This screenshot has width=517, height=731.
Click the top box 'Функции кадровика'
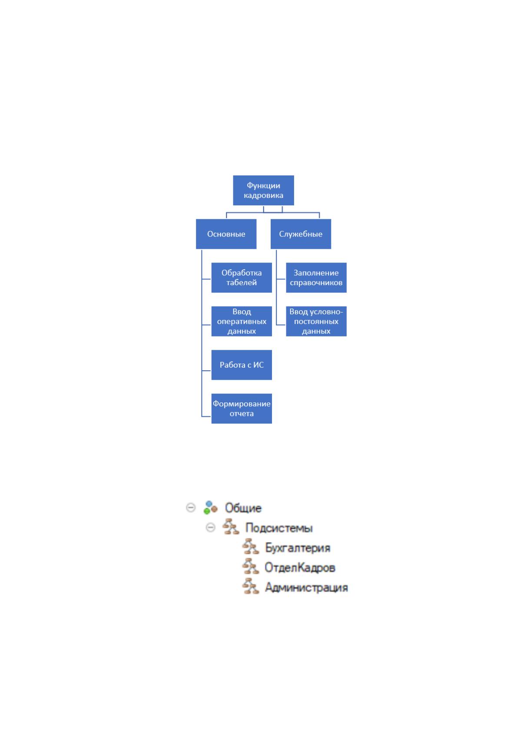pyautogui.click(x=263, y=190)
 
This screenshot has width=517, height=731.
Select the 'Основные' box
pyautogui.click(x=226, y=234)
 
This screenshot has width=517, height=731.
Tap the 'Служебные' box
pyautogui.click(x=301, y=234)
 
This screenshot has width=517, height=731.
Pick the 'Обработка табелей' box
pyautogui.click(x=242, y=278)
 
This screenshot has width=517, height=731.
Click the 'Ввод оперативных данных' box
pyautogui.click(x=242, y=321)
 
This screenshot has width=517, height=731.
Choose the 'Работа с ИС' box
pyautogui.click(x=242, y=365)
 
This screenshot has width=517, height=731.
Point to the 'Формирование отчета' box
pyautogui.click(x=242, y=408)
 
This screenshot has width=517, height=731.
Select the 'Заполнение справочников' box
pyautogui.click(x=316, y=278)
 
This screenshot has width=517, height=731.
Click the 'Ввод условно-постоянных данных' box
pyautogui.click(x=316, y=321)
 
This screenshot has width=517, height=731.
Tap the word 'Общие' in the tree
pyautogui.click(x=243, y=508)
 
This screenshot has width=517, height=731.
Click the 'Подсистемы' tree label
pyautogui.click(x=279, y=528)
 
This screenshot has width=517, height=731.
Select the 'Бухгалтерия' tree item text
pyautogui.click(x=298, y=548)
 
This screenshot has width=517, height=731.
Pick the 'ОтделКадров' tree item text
pyautogui.click(x=300, y=568)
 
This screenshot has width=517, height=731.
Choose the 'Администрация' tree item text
pyautogui.click(x=306, y=588)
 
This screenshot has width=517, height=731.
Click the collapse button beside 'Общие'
pyautogui.click(x=191, y=508)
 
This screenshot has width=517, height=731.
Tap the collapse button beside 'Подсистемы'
pyautogui.click(x=211, y=528)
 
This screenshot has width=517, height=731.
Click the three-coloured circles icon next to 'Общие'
pyautogui.click(x=210, y=508)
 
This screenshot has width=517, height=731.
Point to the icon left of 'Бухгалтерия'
pyautogui.click(x=251, y=547)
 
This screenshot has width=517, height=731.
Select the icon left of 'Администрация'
pyautogui.click(x=251, y=586)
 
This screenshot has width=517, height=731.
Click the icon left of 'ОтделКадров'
pyautogui.click(x=251, y=566)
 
